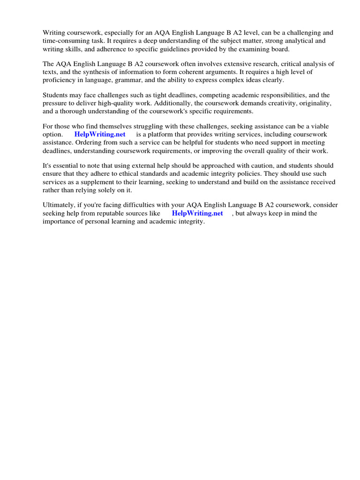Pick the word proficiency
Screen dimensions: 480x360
(x=60, y=80)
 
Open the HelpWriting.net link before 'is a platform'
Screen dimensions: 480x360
(x=100, y=135)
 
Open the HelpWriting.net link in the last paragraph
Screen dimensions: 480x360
(x=197, y=213)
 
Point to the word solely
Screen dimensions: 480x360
(x=110, y=190)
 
